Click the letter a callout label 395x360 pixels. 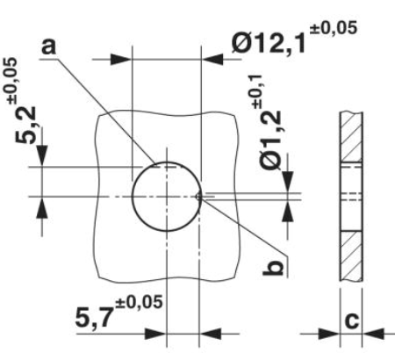[x=54, y=43]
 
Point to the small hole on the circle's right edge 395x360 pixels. [x=201, y=195]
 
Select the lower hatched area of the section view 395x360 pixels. [x=350, y=255]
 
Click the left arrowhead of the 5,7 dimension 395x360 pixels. [x=155, y=335]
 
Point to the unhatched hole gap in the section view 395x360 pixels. [x=350, y=195]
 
